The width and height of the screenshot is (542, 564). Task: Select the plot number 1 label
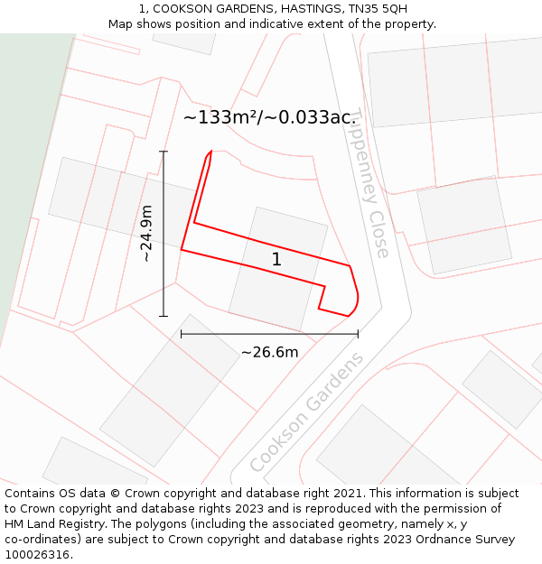click(x=276, y=260)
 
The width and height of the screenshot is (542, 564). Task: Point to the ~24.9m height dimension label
click(x=146, y=234)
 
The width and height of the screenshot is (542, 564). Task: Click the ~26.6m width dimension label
click(x=269, y=352)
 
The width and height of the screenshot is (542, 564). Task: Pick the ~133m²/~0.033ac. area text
click(x=270, y=117)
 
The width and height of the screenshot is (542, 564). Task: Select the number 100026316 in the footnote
click(x=39, y=554)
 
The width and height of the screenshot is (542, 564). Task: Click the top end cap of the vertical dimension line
click(x=164, y=152)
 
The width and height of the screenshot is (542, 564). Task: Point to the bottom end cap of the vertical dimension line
click(x=164, y=316)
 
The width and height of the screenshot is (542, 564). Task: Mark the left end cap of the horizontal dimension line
click(x=182, y=334)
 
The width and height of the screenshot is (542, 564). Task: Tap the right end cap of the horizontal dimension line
click(x=358, y=334)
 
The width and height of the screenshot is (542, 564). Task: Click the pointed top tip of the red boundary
click(x=211, y=152)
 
